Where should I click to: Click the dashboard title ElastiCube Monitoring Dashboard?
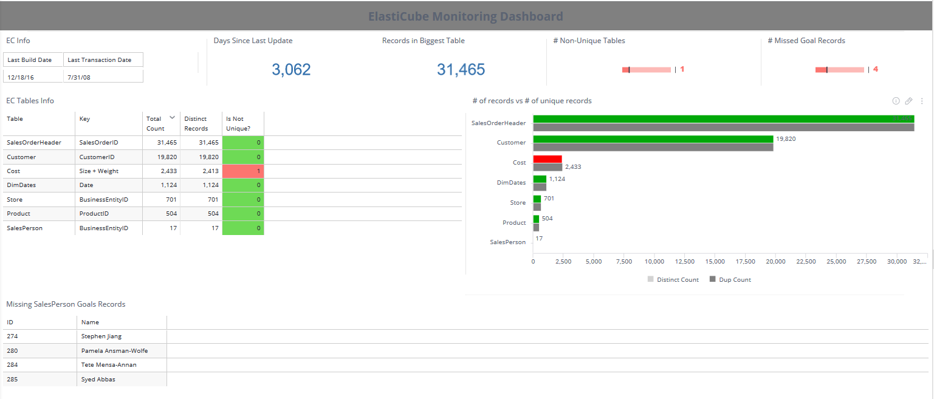point(465,16)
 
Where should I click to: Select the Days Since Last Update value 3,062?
point(291,70)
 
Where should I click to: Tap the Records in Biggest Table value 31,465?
point(461,70)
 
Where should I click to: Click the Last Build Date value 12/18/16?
point(20,78)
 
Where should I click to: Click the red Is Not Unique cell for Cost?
point(243,171)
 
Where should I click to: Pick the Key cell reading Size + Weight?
point(99,171)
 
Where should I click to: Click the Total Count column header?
point(156,123)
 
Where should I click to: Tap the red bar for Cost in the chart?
point(548,159)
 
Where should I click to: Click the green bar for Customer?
point(653,139)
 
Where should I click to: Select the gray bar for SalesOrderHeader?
point(723,128)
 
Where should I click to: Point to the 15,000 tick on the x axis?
point(715,262)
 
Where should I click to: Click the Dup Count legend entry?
point(730,280)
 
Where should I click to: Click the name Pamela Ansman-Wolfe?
point(114,351)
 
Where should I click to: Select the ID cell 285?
point(12,379)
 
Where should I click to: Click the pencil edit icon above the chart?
point(908,101)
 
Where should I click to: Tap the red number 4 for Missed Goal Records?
point(876,69)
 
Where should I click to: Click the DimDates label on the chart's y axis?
point(511,182)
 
